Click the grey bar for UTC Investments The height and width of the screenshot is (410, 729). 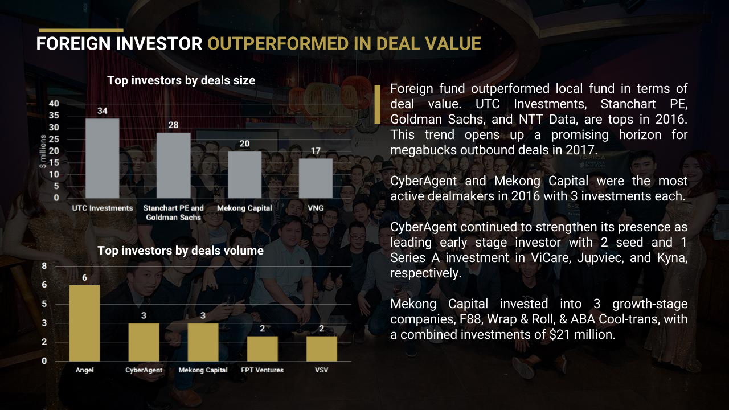pos(102,158)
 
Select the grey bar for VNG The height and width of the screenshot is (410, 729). pos(316,178)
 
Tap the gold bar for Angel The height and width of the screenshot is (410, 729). pos(84,323)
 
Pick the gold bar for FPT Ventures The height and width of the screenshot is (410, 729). pos(263,349)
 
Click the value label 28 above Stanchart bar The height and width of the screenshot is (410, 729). pos(174,125)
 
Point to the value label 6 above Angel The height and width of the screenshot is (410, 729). pos(85,277)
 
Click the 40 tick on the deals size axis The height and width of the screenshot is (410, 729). pos(54,104)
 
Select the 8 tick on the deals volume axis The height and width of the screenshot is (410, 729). pos(44,266)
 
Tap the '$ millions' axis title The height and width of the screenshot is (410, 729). pos(43,151)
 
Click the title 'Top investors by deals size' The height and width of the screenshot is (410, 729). pos(181,80)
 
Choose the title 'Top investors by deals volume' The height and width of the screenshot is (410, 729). pos(181,251)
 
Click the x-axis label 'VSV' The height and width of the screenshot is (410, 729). pos(322,370)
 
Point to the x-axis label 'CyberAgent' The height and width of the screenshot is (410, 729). pos(144,370)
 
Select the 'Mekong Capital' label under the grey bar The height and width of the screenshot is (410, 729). pos(244,208)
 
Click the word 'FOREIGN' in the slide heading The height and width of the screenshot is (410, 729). pos(74,44)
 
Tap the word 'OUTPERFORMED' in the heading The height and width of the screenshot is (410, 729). pos(278,44)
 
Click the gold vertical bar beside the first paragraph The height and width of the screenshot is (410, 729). pos(378,104)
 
